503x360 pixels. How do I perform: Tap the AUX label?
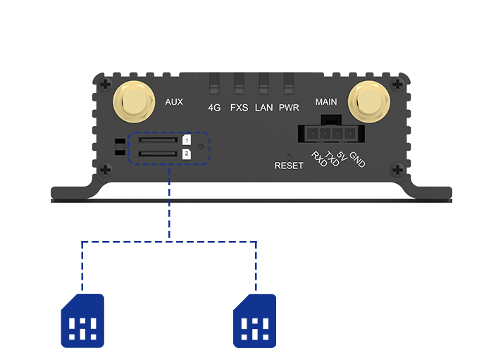tap(174, 102)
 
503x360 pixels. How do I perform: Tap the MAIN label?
tap(326, 102)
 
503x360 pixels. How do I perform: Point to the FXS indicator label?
tap(240, 108)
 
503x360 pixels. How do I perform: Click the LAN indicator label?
tap(263, 108)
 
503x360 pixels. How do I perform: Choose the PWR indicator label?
tap(289, 108)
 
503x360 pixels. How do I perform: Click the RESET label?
tap(289, 166)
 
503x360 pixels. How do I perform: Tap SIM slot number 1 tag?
tap(186, 141)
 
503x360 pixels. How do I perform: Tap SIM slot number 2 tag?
tap(186, 154)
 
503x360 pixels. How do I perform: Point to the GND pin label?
tap(357, 160)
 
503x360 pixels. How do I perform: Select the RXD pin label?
tap(319, 160)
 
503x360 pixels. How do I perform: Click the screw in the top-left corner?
tap(104, 84)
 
